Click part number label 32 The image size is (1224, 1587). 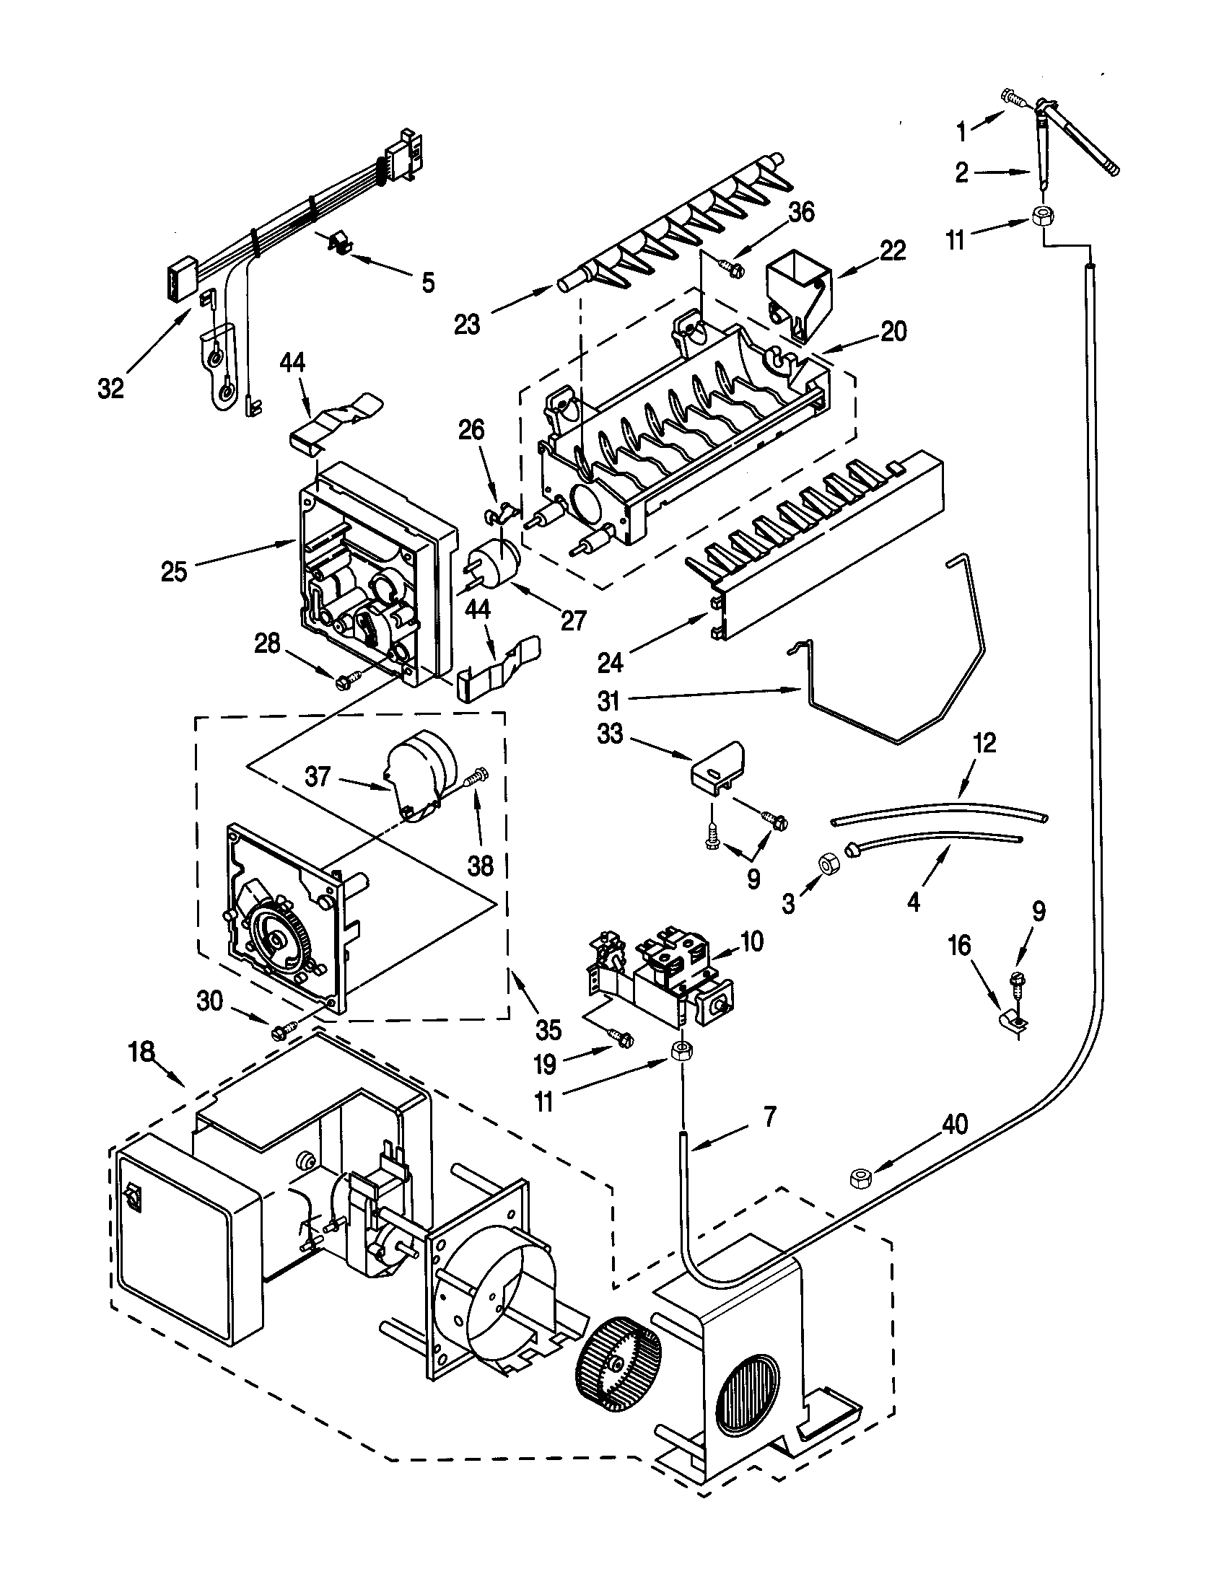pos(110,389)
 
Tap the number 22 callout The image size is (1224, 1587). pos(893,251)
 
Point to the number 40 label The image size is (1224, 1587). pos(955,1124)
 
